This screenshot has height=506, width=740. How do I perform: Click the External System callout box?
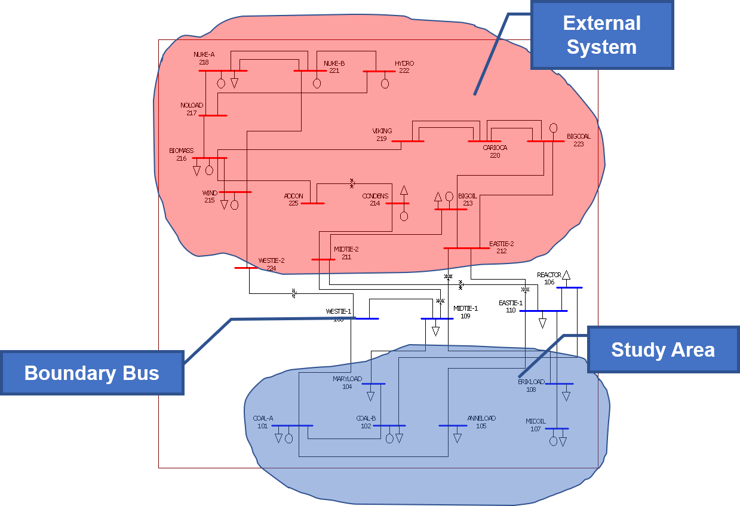click(601, 35)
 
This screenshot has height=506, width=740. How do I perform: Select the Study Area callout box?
click(663, 349)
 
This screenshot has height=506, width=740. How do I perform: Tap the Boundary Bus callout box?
click(91, 373)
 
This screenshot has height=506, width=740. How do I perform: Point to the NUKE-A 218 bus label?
click(204, 58)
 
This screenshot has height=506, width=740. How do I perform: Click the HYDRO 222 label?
click(404, 66)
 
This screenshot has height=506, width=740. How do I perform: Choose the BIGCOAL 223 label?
click(578, 140)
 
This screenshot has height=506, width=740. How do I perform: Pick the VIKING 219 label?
click(382, 134)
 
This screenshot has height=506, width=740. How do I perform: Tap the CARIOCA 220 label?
click(495, 151)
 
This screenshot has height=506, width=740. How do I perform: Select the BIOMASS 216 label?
click(181, 154)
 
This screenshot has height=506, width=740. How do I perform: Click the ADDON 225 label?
click(293, 200)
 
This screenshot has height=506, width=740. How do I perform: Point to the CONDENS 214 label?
click(375, 200)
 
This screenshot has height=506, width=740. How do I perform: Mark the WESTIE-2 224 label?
click(271, 264)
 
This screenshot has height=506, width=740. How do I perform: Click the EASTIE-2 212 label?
click(501, 247)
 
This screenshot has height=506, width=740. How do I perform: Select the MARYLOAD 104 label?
click(347, 382)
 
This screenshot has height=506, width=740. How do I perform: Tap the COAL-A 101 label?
click(263, 422)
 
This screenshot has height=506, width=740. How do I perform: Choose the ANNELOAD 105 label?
click(481, 422)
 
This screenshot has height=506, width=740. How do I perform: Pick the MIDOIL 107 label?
click(536, 425)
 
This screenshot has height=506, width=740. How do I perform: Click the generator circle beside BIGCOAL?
click(553, 128)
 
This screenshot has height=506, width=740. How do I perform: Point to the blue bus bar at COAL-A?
click(292, 425)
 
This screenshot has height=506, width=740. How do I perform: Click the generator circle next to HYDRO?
click(385, 84)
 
